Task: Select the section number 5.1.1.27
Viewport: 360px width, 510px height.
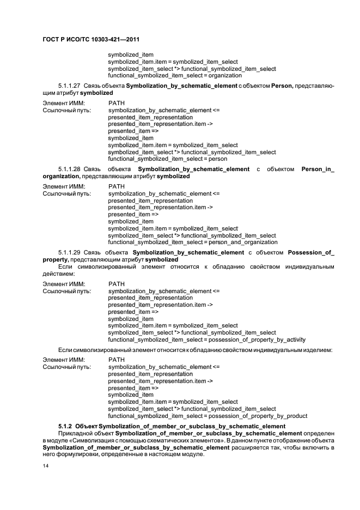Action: click(x=69, y=86)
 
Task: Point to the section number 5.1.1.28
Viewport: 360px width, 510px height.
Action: click(x=69, y=169)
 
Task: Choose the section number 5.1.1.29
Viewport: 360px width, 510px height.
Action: click(x=69, y=252)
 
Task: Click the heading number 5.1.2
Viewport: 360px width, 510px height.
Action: click(x=65, y=426)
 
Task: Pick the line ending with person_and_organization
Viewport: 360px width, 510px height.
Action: click(x=192, y=242)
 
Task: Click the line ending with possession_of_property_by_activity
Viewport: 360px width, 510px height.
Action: click(x=207, y=339)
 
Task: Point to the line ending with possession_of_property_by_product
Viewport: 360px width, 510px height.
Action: click(x=208, y=416)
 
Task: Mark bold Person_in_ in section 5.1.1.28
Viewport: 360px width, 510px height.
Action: click(x=318, y=169)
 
